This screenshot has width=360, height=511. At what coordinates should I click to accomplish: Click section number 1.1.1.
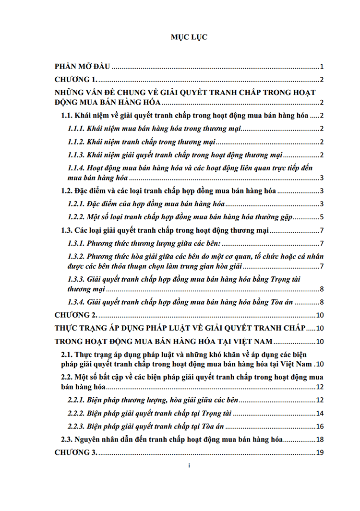(77, 129)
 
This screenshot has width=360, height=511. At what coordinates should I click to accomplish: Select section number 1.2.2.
(77, 217)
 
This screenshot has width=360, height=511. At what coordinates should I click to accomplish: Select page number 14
(320, 414)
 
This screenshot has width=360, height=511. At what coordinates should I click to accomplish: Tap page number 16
(320, 427)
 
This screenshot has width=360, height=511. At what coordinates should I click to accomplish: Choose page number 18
(320, 440)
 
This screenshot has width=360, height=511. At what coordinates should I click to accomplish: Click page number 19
(320, 452)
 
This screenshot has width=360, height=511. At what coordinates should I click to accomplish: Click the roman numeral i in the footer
(189, 466)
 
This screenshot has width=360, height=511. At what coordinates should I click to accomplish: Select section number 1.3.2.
(77, 257)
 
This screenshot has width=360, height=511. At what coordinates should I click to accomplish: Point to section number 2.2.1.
(77, 401)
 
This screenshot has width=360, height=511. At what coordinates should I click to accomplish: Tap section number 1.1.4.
(77, 168)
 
